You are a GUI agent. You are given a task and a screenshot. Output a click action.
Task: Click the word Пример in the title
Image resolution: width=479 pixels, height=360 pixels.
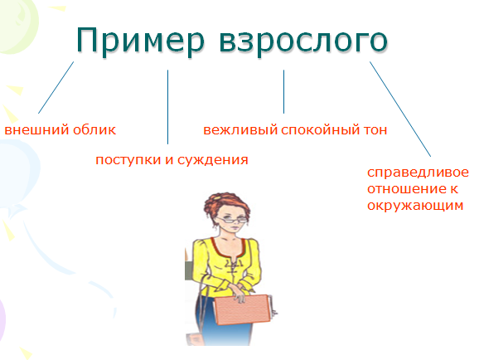point(141,41)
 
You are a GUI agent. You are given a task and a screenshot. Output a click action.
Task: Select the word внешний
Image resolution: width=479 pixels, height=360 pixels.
point(36,130)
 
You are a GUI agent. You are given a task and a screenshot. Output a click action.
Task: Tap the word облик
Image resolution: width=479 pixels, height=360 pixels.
point(94,129)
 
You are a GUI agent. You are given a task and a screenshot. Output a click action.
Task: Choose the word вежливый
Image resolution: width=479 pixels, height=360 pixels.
point(240,130)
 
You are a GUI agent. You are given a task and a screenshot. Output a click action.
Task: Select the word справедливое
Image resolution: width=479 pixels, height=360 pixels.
point(418,173)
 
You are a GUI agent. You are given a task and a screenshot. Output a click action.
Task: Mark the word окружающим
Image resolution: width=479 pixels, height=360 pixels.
point(415,206)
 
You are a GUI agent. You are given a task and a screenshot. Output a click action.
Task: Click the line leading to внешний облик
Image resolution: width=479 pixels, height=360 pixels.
point(56,87)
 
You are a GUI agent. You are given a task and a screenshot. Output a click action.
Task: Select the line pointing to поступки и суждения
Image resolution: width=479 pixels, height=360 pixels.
point(167,107)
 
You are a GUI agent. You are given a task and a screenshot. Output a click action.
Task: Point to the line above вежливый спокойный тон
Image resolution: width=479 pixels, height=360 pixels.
point(283,92)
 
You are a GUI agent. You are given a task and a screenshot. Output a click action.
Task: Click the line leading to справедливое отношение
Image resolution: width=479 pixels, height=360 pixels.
point(400,109)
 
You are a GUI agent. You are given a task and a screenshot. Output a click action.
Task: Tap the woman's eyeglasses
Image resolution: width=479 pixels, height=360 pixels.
point(232,219)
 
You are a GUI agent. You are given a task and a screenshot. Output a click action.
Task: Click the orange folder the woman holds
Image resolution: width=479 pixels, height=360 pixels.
point(242,309)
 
